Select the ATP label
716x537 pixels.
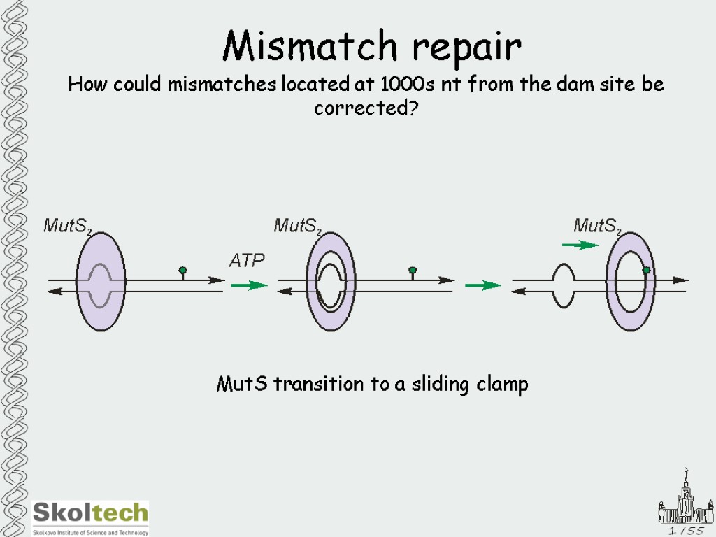(x=248, y=261)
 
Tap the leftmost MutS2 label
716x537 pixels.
(x=69, y=226)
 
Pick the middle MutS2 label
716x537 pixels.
(x=298, y=226)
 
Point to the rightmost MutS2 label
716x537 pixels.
(x=598, y=226)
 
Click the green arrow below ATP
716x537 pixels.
(x=249, y=285)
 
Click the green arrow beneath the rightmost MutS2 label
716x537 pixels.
(x=580, y=245)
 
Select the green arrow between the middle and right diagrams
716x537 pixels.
(x=483, y=285)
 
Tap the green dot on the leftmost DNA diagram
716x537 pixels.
(x=182, y=270)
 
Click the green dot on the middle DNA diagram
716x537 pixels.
(x=413, y=270)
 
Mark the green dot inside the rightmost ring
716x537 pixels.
(x=646, y=270)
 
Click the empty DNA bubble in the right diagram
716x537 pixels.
(x=563, y=285)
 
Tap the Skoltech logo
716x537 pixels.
(x=91, y=517)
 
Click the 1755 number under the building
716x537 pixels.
(x=685, y=531)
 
